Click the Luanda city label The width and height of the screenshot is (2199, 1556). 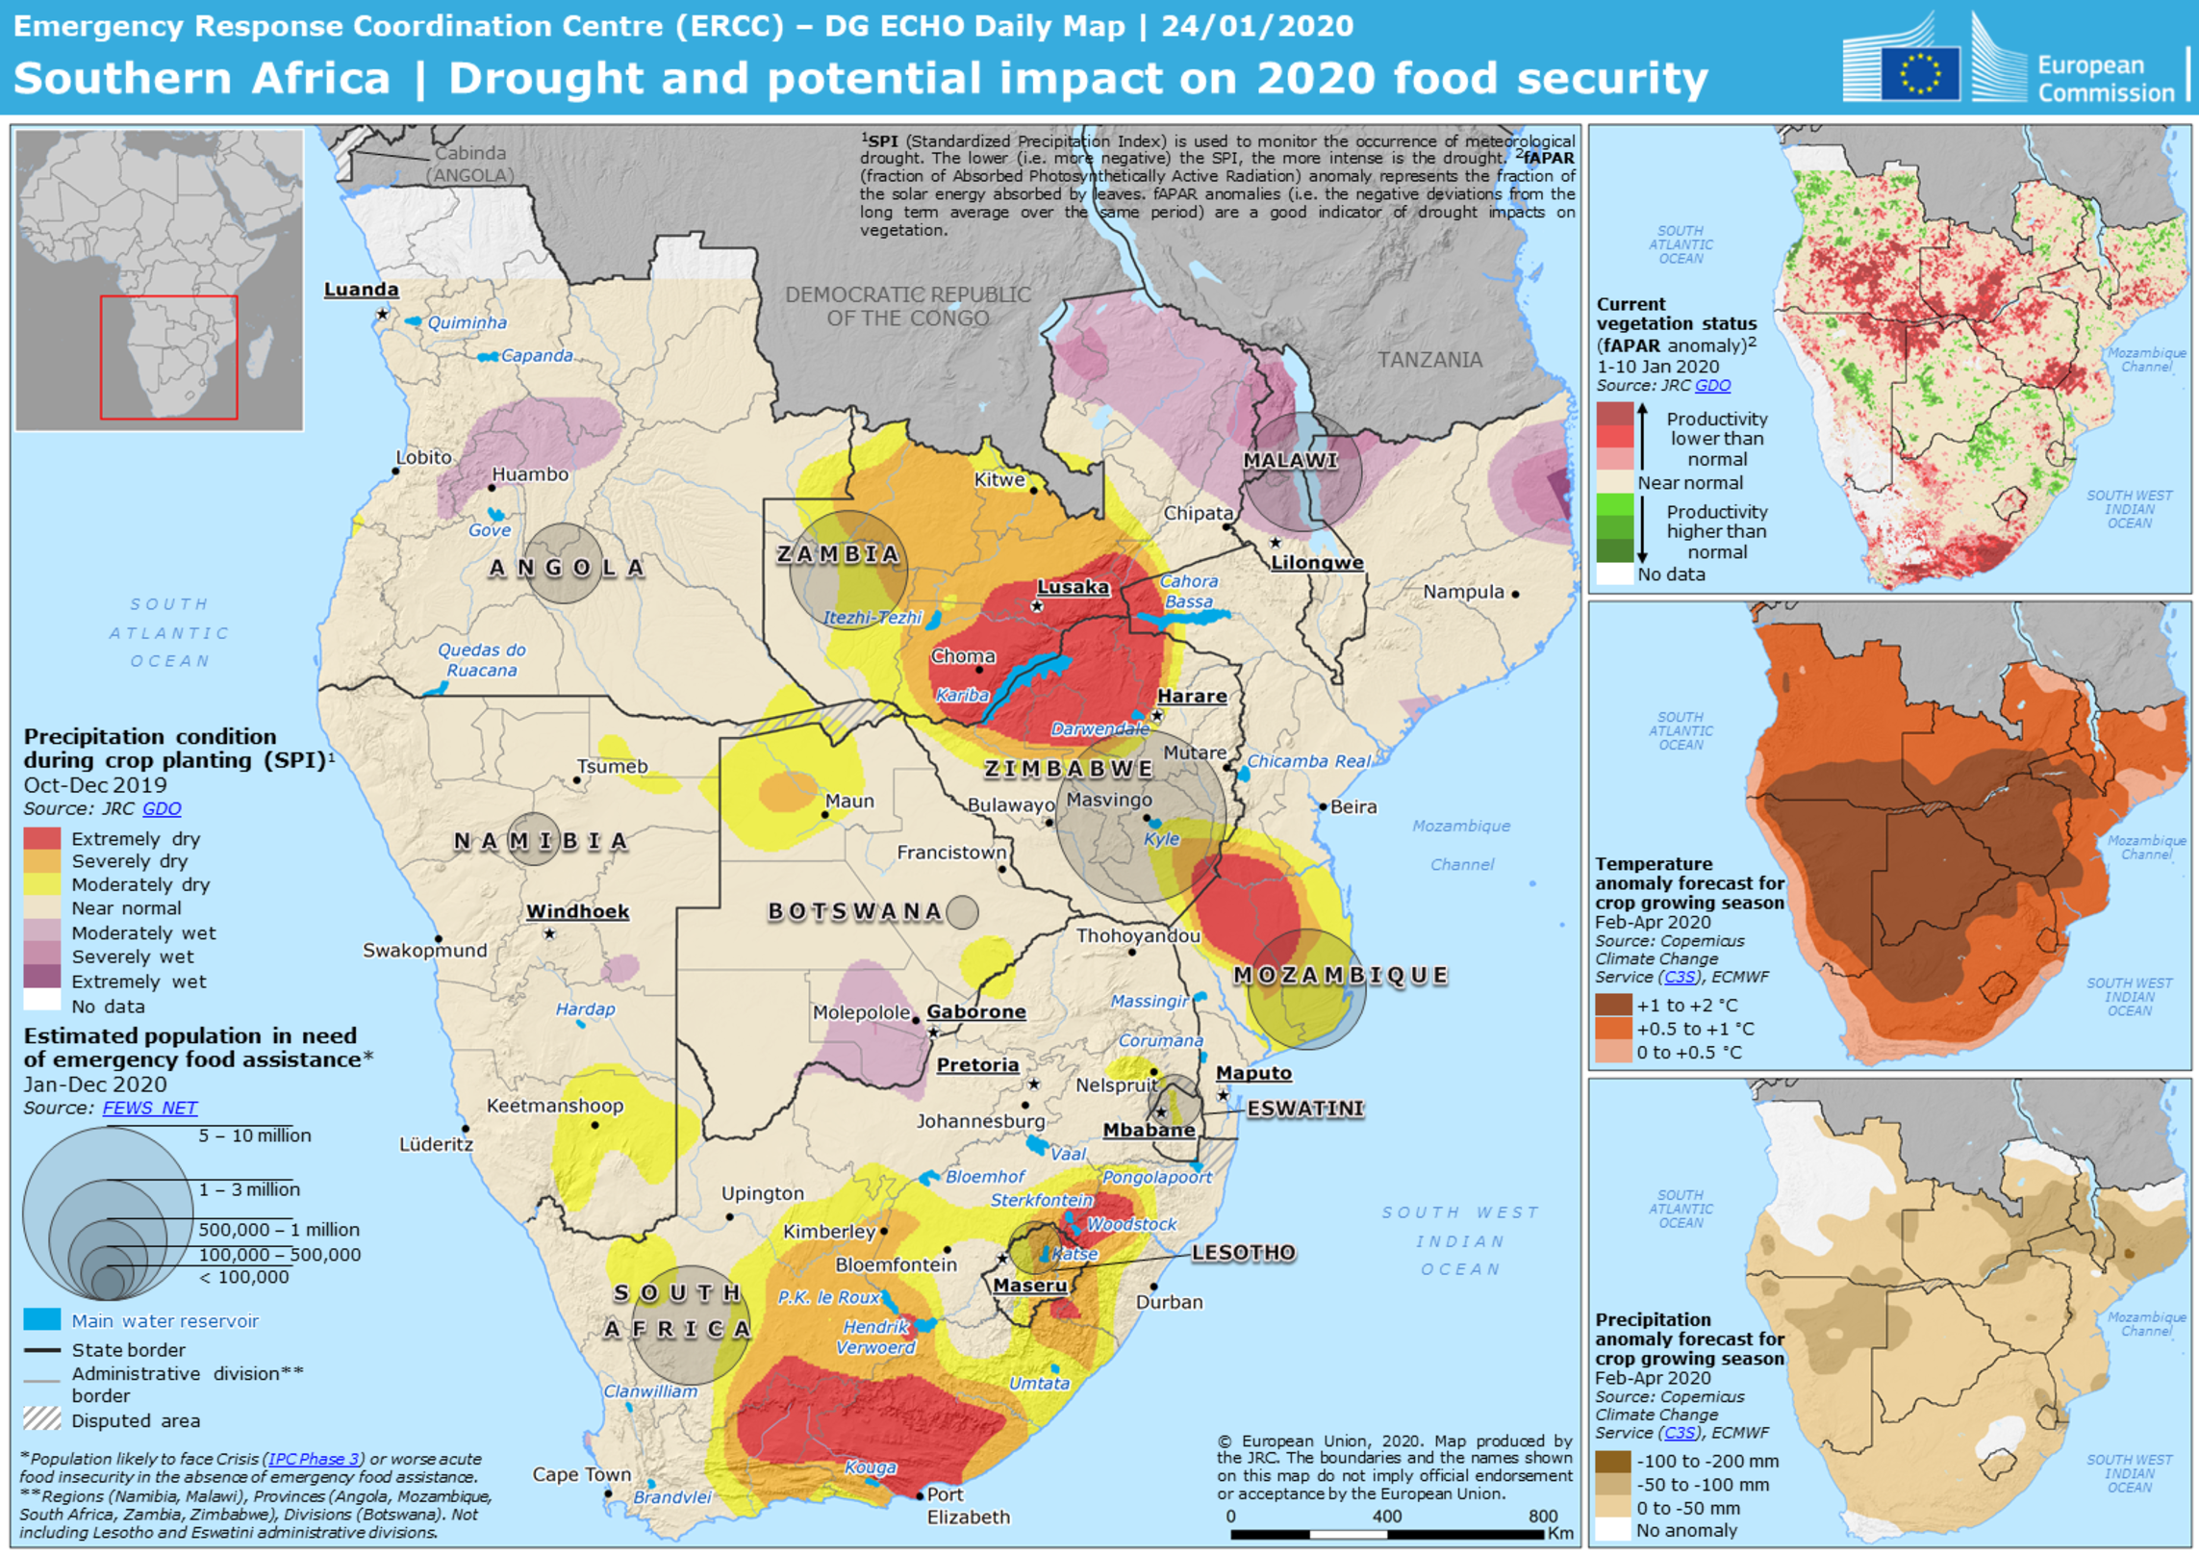(361, 289)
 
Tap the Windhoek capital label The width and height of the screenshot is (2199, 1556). (577, 910)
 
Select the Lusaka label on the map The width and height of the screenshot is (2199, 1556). (1073, 586)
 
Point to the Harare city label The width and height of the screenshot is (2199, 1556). (1192, 695)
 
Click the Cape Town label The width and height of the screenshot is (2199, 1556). (581, 1473)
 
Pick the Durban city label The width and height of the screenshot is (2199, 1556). (1169, 1301)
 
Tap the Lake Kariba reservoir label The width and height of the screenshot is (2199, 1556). (962, 694)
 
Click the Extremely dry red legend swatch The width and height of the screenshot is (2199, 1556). (42, 838)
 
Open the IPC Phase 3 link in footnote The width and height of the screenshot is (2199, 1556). (315, 1458)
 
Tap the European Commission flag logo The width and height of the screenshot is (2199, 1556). (1919, 73)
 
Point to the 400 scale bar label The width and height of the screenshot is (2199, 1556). (1386, 1516)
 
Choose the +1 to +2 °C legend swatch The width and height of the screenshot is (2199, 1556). (1613, 1004)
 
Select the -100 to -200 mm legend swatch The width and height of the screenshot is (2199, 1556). (1613, 1460)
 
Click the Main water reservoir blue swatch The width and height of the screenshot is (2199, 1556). (42, 1319)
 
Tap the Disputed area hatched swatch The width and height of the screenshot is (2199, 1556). (42, 1418)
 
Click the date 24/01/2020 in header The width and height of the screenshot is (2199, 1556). (1257, 26)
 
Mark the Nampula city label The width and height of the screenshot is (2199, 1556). (1463, 591)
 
